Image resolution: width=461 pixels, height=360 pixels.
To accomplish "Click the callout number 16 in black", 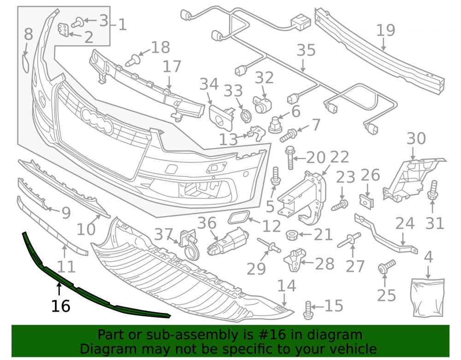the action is coord(60,306).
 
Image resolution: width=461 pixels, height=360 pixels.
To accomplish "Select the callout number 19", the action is coord(386,30).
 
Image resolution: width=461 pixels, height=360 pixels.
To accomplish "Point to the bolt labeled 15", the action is coord(308,310).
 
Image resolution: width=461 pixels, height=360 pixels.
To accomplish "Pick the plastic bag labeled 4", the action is coord(428,297).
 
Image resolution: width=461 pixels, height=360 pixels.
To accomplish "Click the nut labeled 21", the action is coord(292,235).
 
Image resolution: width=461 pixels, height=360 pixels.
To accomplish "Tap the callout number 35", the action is coord(306,50).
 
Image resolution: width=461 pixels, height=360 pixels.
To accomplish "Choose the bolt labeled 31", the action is coord(432,190).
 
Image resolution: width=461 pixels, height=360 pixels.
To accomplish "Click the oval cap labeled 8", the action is coord(25,63).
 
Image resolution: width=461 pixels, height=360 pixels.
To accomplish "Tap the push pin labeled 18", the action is coord(133,60).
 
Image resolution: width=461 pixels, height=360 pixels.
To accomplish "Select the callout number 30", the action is coord(416,139).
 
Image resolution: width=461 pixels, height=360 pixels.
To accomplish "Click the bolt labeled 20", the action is coord(290,158).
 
